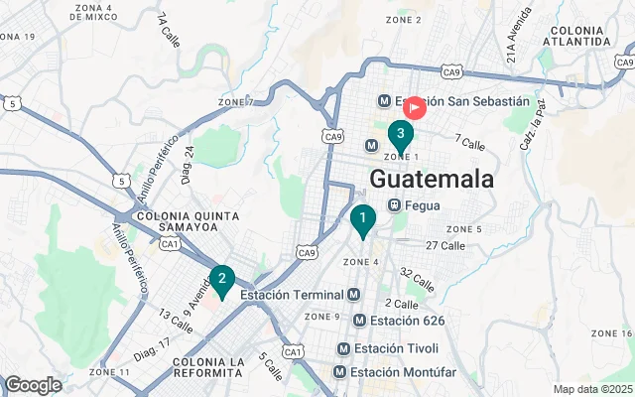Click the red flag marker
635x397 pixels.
tap(415, 106)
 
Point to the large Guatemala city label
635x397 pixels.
tap(432, 180)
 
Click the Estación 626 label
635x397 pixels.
tap(407, 321)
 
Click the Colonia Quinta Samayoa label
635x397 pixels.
tap(189, 221)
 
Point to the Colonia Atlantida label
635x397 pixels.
tap(578, 36)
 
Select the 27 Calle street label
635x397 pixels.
tap(444, 245)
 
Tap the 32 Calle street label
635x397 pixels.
tap(417, 279)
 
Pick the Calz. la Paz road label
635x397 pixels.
tap(534, 128)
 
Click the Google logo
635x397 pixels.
tap(33, 385)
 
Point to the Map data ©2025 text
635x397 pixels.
tap(592, 389)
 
